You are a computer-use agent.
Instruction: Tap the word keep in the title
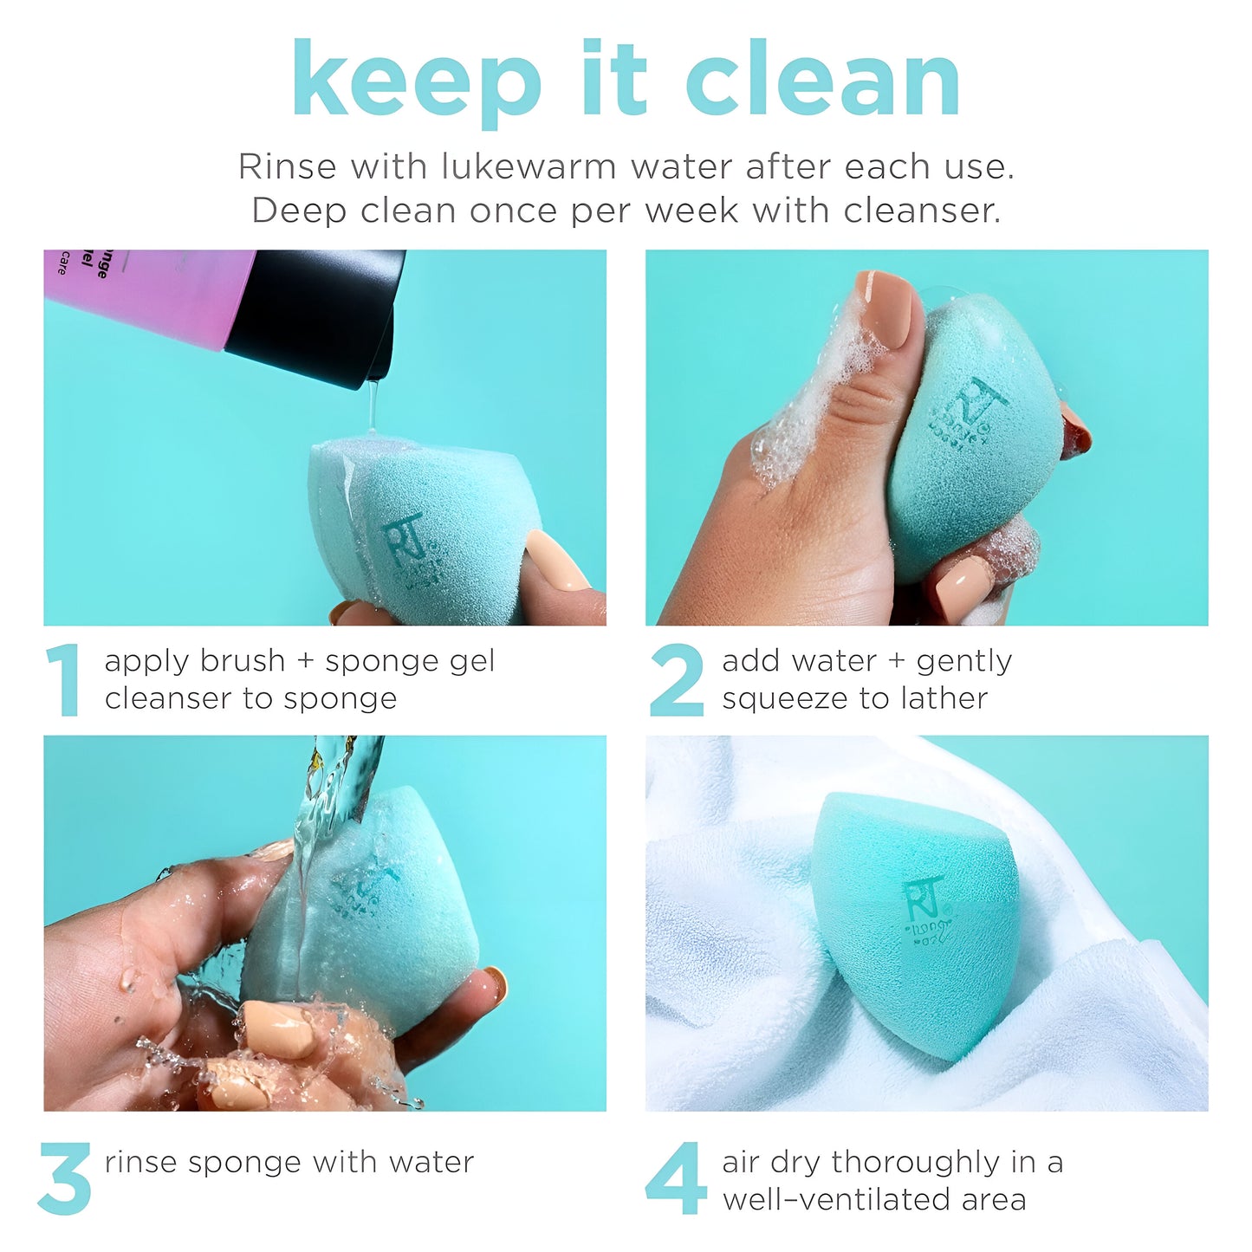pyautogui.click(x=417, y=80)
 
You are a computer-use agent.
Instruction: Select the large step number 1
pyautogui.click(x=63, y=680)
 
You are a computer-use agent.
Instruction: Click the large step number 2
pyautogui.click(x=676, y=680)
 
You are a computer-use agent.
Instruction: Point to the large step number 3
pyautogui.click(x=65, y=1178)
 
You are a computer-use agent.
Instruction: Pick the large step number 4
pyautogui.click(x=674, y=1178)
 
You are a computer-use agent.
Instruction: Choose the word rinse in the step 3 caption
pyautogui.click(x=141, y=1162)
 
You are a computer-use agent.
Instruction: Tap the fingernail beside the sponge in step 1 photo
pyautogui.click(x=556, y=561)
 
